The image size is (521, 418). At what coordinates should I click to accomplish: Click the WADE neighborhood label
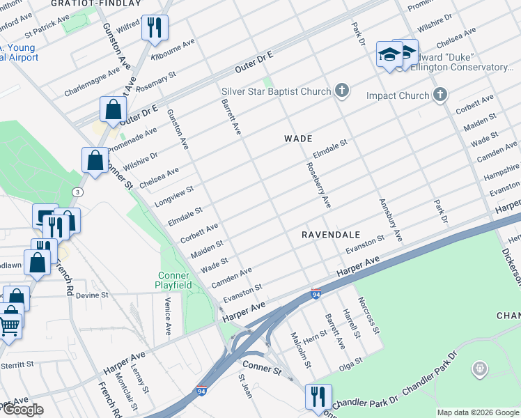tap(297, 139)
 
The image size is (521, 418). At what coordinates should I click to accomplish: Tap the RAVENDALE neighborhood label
tap(329, 235)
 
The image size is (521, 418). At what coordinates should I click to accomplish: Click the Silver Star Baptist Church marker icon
tap(341, 91)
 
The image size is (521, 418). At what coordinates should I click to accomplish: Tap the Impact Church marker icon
tap(440, 94)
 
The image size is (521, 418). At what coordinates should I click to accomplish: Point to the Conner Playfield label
tap(171, 279)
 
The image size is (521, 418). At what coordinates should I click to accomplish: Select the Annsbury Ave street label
tap(391, 220)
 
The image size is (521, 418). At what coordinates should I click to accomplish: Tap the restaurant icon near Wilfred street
tap(152, 29)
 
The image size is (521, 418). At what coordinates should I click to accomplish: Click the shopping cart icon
tap(8, 325)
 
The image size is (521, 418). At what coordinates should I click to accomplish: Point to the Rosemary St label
tap(157, 82)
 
